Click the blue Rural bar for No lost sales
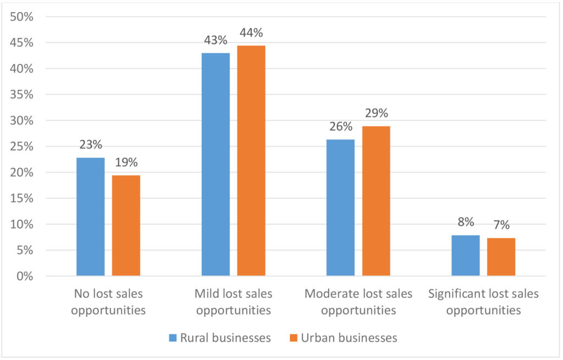coord(90,217)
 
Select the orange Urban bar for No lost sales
coord(126,225)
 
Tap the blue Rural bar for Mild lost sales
coord(216,164)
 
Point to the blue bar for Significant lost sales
coord(465,255)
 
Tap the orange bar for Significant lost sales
coord(501,257)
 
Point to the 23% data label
coord(90,145)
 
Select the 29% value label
coord(376,114)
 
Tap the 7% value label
coord(501,225)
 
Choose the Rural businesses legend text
coord(225,337)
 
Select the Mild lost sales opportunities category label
coord(233,302)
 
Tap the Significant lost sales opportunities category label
coord(483,302)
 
